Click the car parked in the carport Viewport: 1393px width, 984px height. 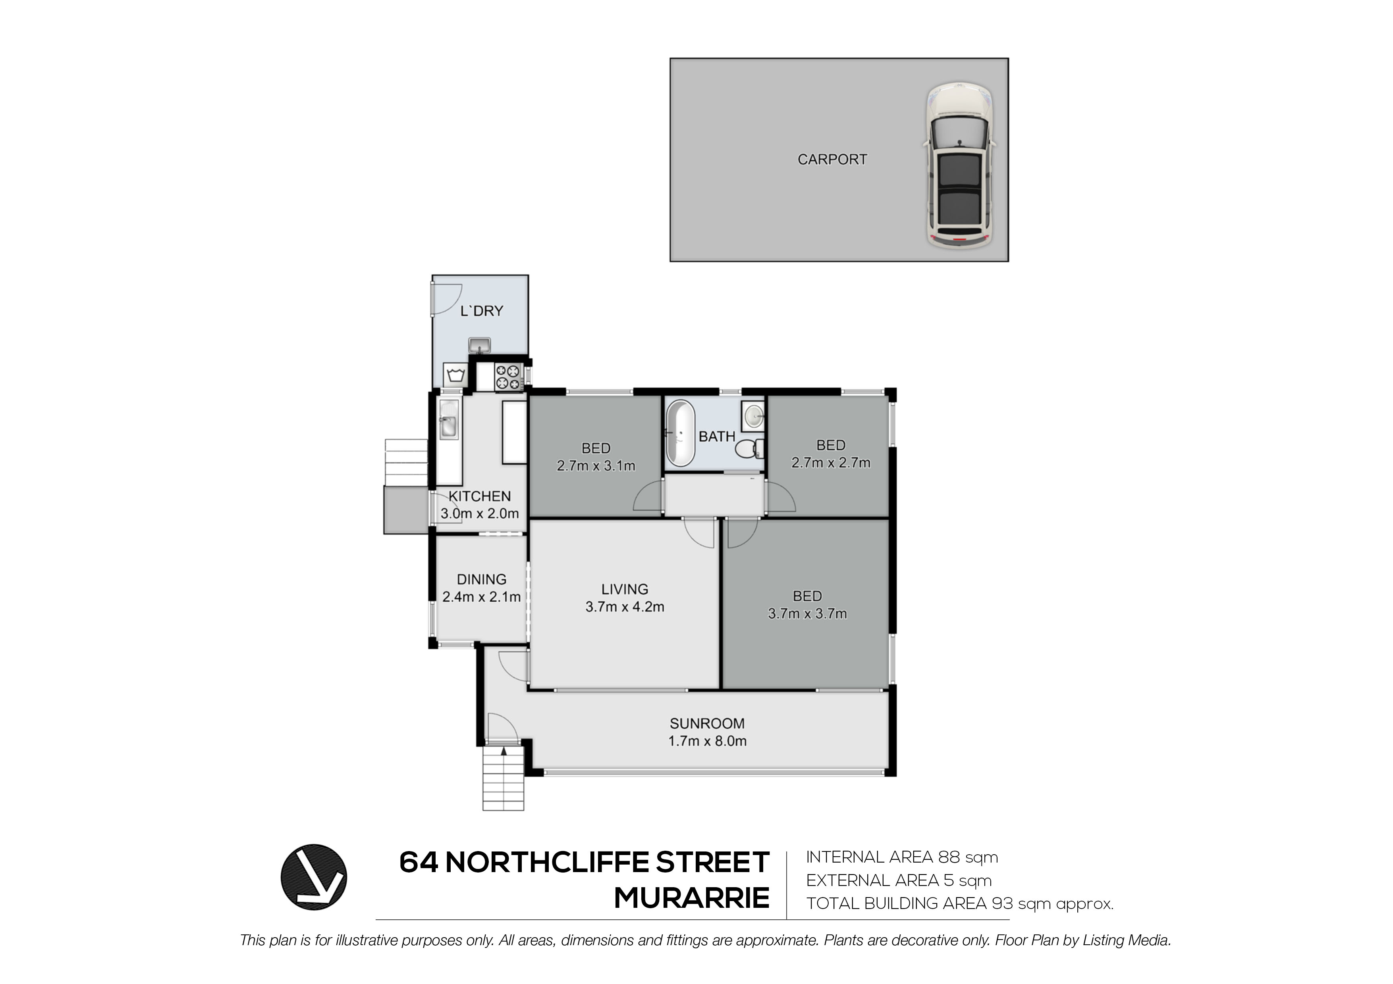tap(959, 164)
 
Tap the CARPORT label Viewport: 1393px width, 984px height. tap(832, 160)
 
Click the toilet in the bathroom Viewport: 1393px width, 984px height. tap(749, 449)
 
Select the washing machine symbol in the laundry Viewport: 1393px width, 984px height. tap(455, 374)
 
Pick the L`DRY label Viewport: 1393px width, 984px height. tap(481, 311)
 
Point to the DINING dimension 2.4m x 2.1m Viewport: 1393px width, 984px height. tap(481, 597)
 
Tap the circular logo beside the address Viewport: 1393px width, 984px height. tap(314, 877)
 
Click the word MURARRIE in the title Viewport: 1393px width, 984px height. tap(692, 898)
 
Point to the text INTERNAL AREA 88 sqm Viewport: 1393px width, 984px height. tap(901, 857)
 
